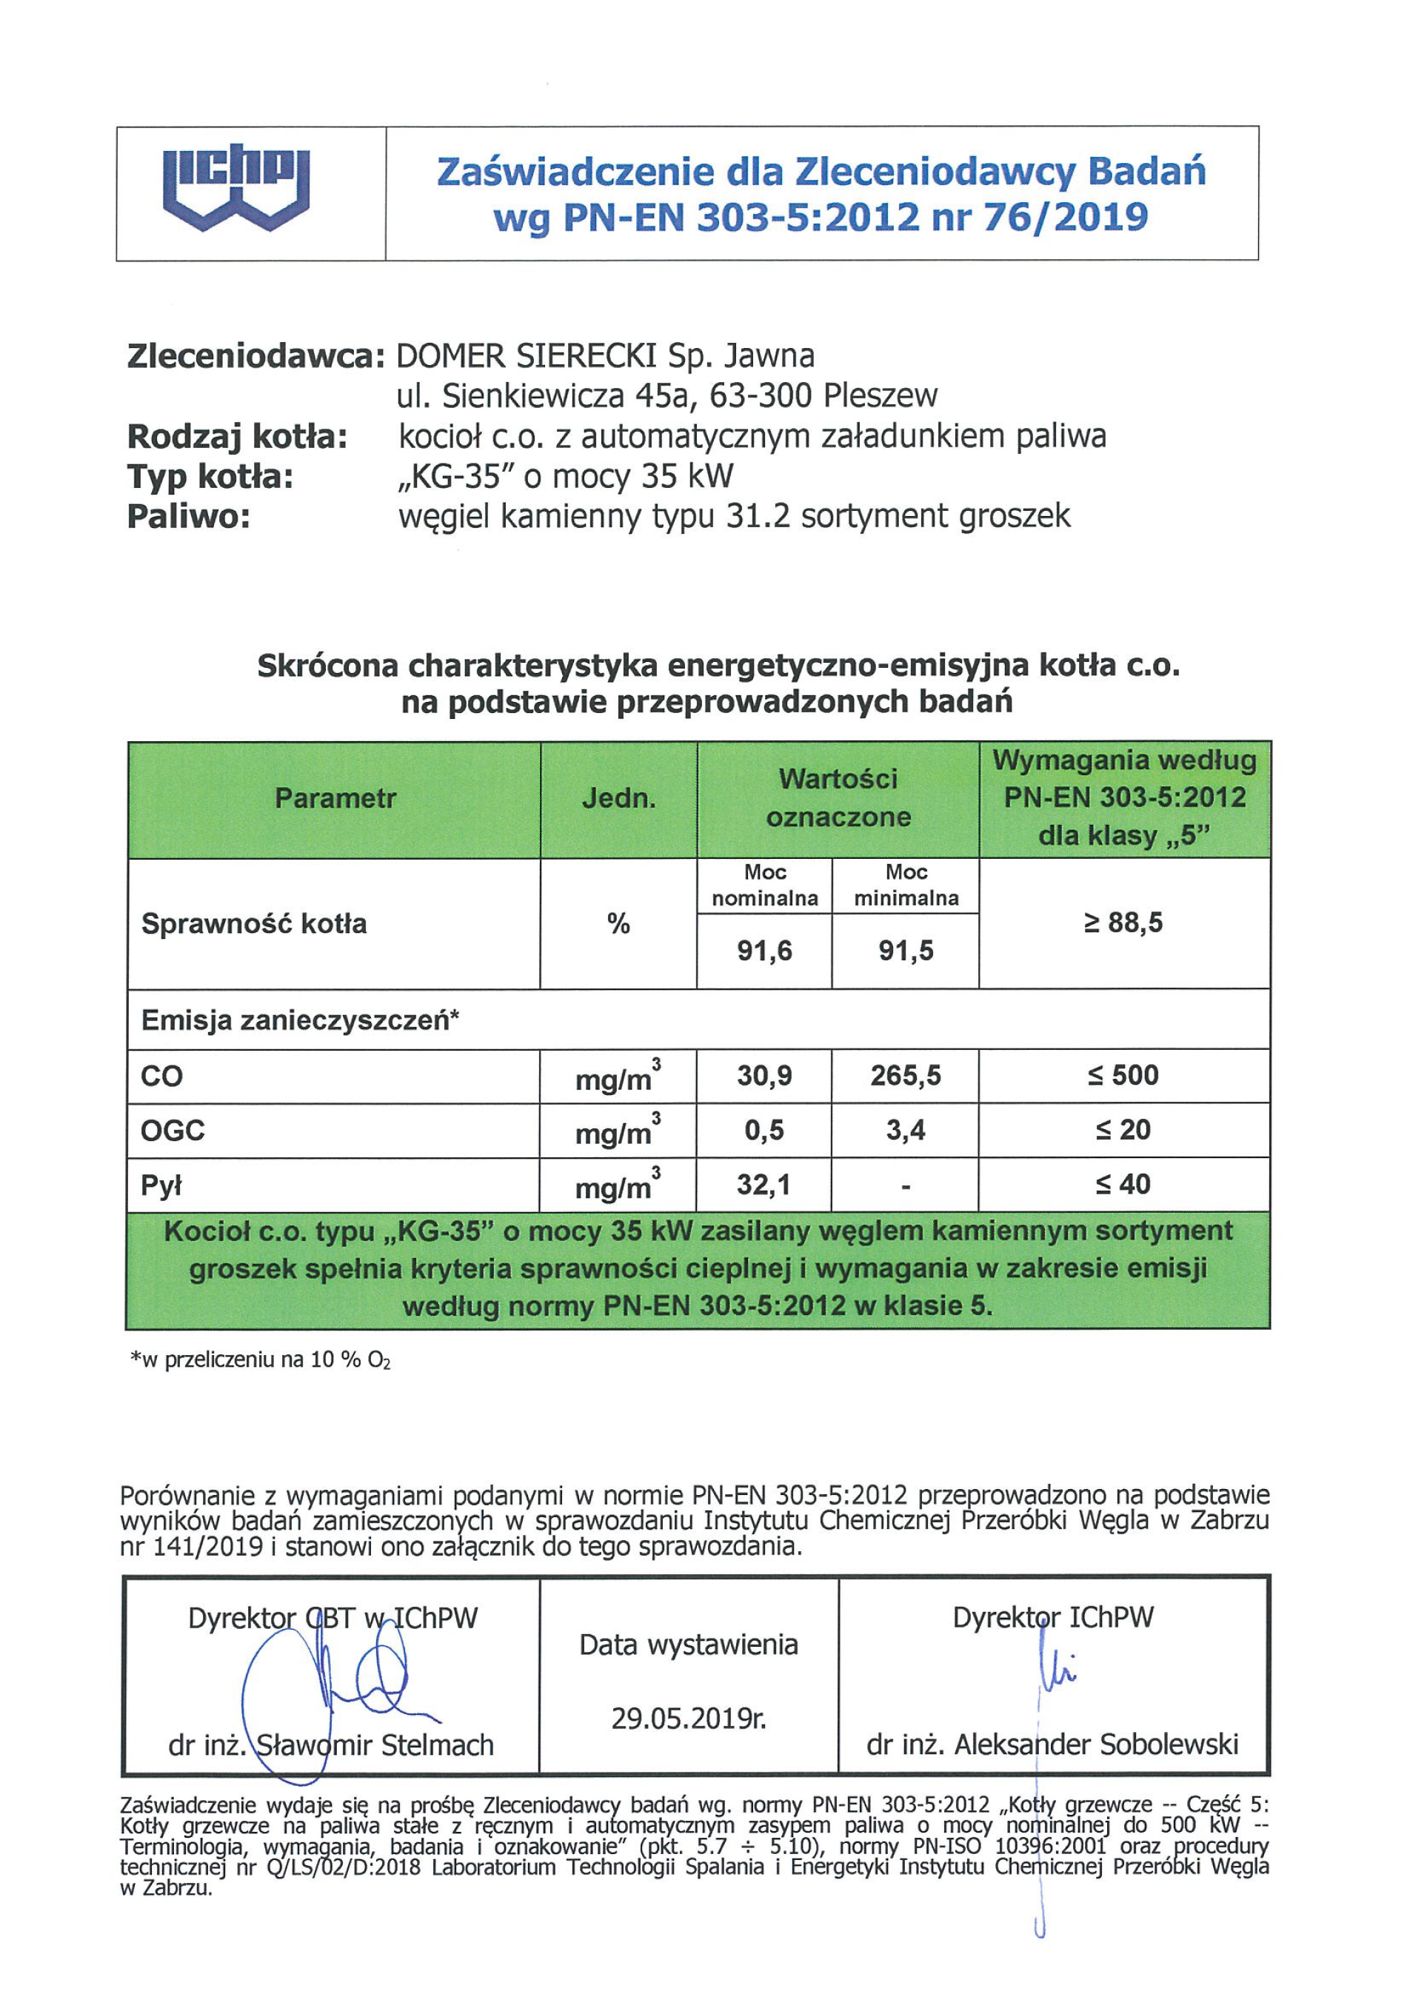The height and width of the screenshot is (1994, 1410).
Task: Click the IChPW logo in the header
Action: pos(236,187)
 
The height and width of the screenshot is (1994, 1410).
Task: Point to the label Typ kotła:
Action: pos(210,476)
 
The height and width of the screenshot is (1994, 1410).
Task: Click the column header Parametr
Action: pos(335,798)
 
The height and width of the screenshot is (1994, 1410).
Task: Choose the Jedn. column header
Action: pos(618,798)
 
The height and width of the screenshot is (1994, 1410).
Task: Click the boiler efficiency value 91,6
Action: pos(764,951)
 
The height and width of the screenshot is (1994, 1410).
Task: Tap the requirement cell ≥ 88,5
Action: pos(1123,923)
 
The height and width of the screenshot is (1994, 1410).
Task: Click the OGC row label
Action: pos(173,1131)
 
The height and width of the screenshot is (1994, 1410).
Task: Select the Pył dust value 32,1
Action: pos(764,1185)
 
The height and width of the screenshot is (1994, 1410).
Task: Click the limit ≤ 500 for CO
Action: pos(1123,1076)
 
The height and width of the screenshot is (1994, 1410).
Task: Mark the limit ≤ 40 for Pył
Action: pos(1123,1185)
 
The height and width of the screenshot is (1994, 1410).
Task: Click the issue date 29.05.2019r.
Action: pos(689,1719)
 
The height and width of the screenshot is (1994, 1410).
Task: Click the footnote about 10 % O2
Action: pos(261,1360)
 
